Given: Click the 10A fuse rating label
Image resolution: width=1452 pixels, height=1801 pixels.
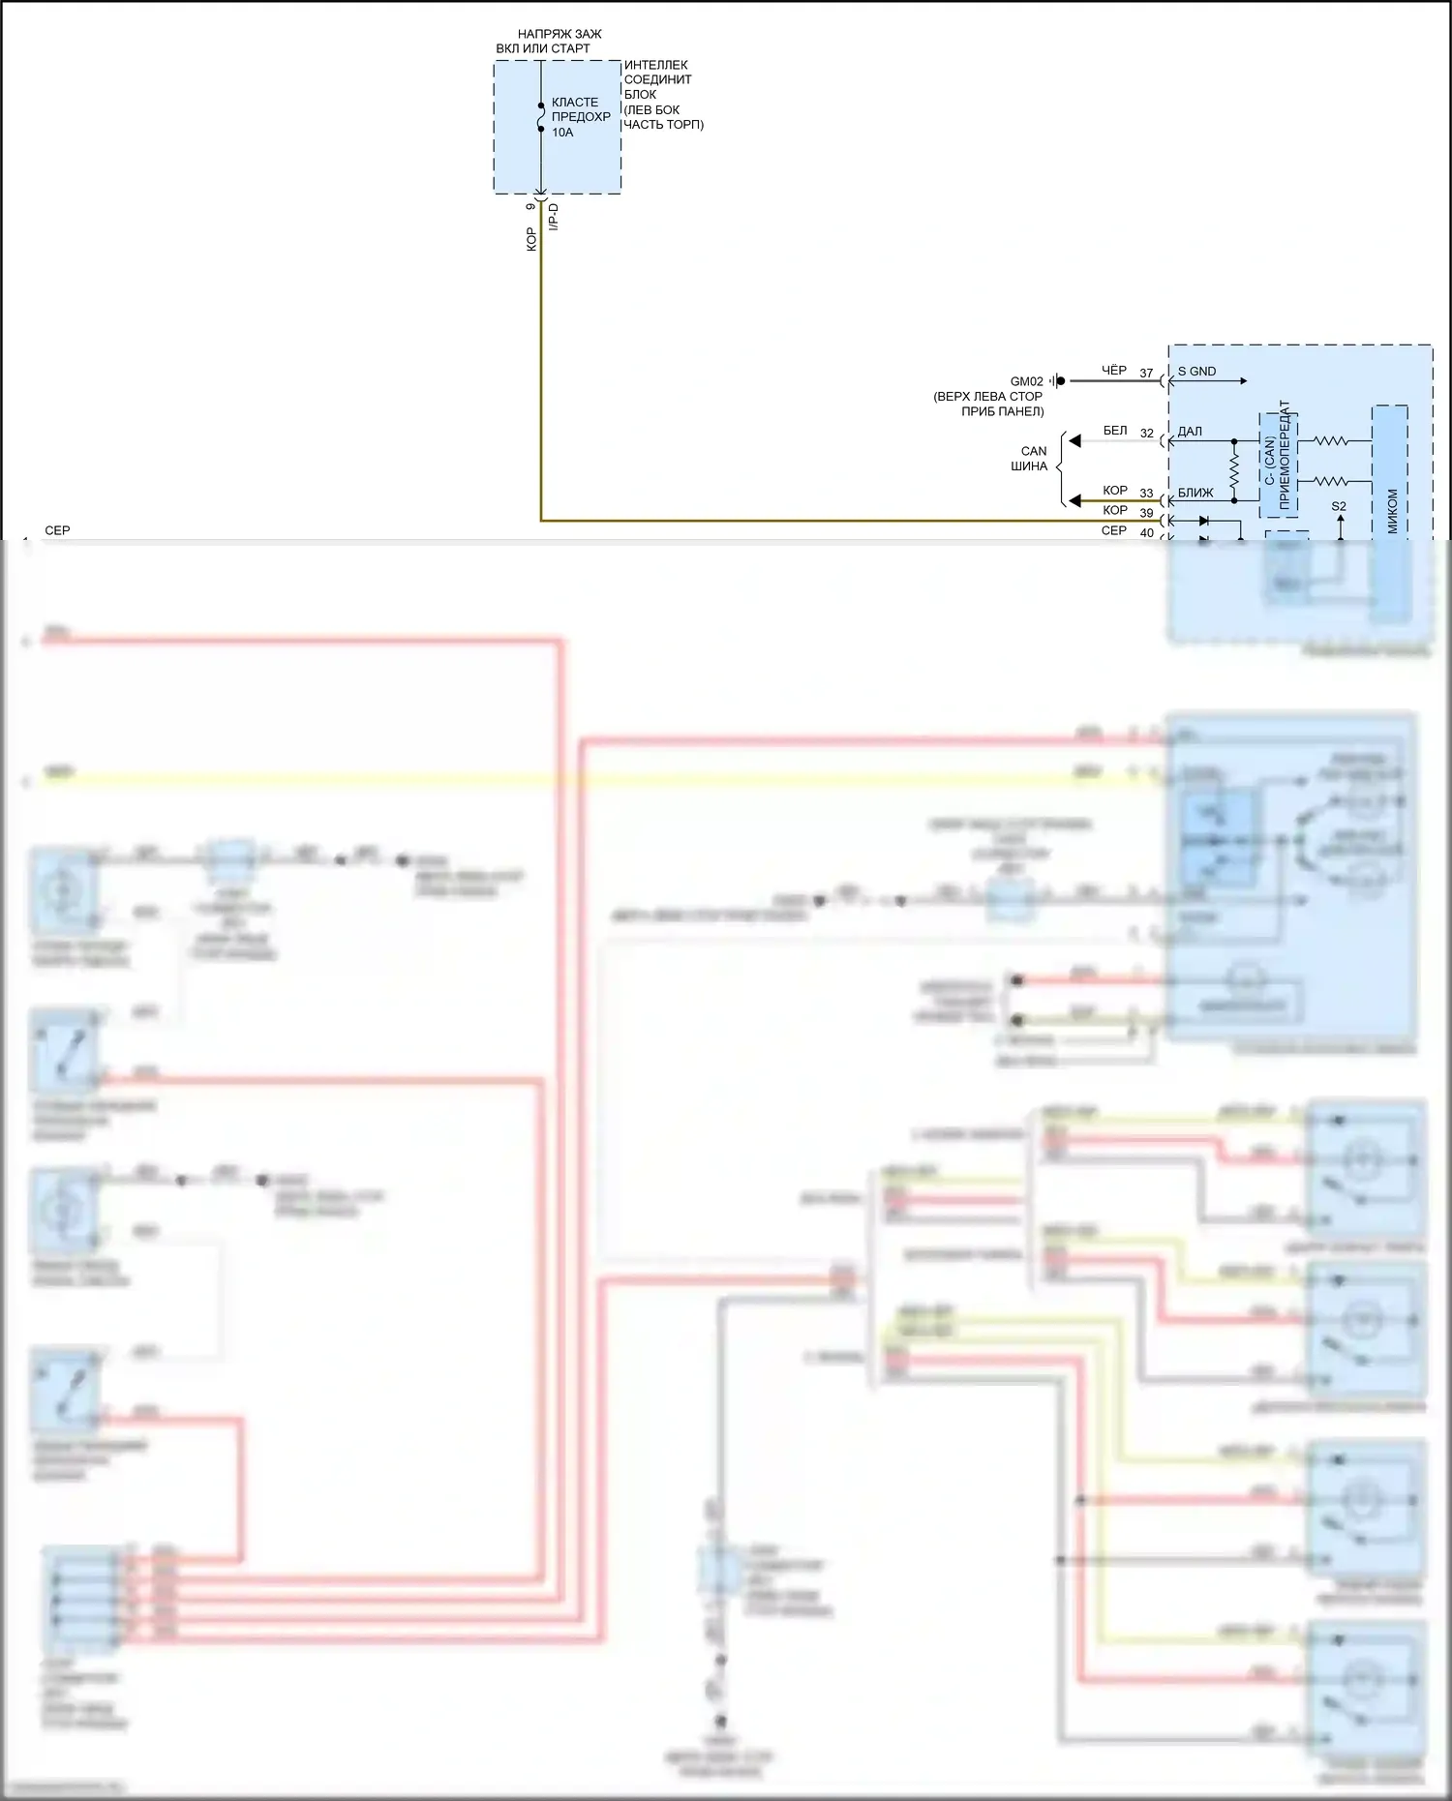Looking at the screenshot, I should [x=562, y=133].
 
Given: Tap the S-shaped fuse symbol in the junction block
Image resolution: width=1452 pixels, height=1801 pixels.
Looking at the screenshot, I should [x=541, y=117].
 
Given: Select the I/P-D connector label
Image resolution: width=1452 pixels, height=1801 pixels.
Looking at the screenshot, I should [x=554, y=217].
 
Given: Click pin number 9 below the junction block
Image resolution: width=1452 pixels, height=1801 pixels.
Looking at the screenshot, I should [x=530, y=206].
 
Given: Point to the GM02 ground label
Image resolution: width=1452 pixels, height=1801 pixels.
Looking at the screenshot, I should [x=1027, y=381].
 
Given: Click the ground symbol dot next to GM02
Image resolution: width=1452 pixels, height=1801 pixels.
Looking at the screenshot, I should [x=1060, y=381].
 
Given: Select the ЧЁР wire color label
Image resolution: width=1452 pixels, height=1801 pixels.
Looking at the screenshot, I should [x=1114, y=371].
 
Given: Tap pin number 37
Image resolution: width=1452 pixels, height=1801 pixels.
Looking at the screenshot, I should [x=1146, y=374].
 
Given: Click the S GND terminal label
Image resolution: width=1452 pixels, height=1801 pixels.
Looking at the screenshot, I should [x=1196, y=372].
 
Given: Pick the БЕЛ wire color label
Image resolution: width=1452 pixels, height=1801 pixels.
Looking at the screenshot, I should [x=1115, y=431].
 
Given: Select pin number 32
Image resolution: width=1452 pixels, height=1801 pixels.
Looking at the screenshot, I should [x=1146, y=434].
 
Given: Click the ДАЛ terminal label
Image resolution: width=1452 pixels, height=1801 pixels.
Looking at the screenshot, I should [x=1190, y=432].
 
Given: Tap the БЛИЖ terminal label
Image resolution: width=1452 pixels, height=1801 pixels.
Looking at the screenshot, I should [x=1195, y=493].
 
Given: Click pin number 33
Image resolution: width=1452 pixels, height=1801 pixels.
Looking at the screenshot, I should [x=1146, y=494].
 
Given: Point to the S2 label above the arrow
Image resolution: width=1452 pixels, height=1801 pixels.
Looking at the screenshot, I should [x=1339, y=506].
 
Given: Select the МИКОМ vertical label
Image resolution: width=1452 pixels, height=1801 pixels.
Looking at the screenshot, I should [x=1392, y=511].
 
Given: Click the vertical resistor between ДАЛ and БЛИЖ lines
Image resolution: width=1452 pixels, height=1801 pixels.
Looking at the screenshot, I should [x=1234, y=471].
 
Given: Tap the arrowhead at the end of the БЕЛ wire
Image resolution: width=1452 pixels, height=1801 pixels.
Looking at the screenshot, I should [x=1074, y=441].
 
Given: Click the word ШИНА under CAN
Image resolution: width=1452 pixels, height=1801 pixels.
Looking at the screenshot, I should [x=1029, y=466].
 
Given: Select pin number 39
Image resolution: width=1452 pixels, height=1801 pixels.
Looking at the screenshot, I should [x=1146, y=513].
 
